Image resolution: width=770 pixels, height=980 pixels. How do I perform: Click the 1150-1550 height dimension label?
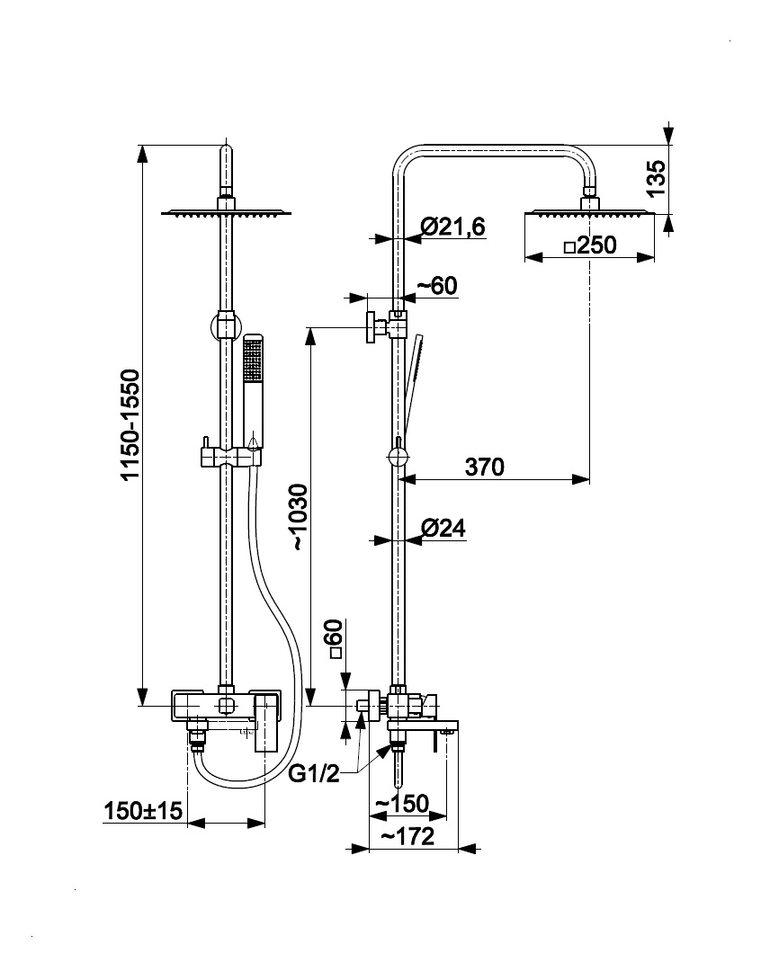coord(130,423)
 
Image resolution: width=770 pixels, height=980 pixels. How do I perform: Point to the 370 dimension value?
coord(485,467)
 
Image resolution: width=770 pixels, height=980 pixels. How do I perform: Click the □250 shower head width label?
coord(590,245)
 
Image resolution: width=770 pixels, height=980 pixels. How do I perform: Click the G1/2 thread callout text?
coord(315,773)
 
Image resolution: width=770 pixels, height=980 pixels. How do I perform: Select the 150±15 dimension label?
coord(143,811)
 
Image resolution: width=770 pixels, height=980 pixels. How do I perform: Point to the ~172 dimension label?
coord(407,837)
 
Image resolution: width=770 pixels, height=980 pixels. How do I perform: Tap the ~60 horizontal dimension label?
coord(437,285)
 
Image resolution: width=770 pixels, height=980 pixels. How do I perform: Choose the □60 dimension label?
coord(336,643)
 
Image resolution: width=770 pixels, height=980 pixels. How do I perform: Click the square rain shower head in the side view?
coord(590,214)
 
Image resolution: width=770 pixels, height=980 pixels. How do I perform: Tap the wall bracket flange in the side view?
coord(369,327)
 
